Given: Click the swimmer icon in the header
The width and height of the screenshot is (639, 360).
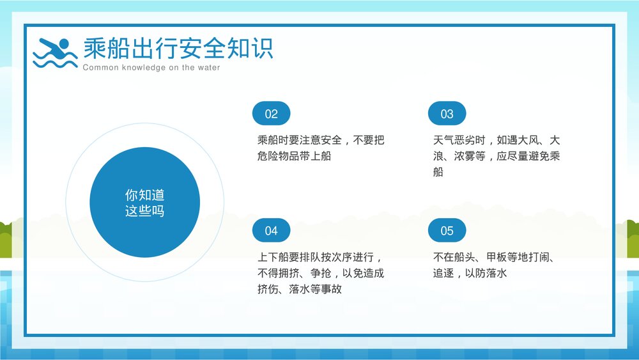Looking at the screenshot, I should tap(54, 52).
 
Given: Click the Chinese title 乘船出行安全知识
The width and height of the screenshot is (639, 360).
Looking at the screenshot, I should tap(178, 48).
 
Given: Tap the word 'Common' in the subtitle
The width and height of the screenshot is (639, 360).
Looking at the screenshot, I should tap(100, 68).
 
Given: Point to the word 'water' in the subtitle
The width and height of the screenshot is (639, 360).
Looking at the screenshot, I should tap(208, 68).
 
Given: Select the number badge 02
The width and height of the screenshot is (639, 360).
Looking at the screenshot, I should tap(272, 114).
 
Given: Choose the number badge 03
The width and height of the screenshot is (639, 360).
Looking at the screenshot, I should tap(447, 114).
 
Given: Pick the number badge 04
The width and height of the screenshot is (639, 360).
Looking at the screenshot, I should tap(272, 231).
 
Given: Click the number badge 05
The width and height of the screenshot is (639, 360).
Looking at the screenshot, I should tap(447, 231).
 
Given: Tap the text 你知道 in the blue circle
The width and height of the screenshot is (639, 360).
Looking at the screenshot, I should tap(145, 195).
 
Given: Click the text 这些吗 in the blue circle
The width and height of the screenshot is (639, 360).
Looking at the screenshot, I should tap(145, 211).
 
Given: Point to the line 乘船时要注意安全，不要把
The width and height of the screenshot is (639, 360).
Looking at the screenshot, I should tap(321, 140).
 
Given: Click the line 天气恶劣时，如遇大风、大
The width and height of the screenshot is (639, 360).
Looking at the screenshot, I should tap(497, 140).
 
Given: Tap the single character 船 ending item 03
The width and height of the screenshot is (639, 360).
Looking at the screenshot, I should tap(438, 172).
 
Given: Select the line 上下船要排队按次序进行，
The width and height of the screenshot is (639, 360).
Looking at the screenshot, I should tap(321, 258).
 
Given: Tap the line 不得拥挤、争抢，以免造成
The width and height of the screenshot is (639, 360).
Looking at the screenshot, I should tap(321, 274).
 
